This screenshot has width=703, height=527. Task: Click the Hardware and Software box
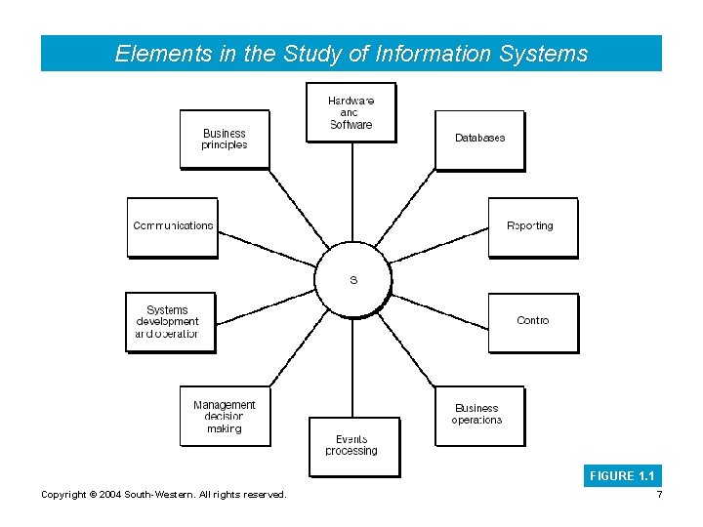[351, 112]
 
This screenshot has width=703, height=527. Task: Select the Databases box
[479, 139]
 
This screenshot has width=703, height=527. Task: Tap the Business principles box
[225, 139]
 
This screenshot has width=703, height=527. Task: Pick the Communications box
[172, 226]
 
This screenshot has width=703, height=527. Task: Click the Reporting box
[532, 226]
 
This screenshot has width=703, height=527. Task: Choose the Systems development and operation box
[170, 322]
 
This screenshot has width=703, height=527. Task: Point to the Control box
[532, 321]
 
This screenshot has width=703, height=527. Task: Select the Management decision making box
[225, 416]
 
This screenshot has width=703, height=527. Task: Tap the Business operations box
[478, 415]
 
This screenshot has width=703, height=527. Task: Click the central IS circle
[353, 280]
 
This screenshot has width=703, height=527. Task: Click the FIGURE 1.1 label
[623, 476]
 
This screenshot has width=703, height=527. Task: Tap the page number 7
[660, 495]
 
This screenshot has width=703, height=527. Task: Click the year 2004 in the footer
[108, 495]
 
